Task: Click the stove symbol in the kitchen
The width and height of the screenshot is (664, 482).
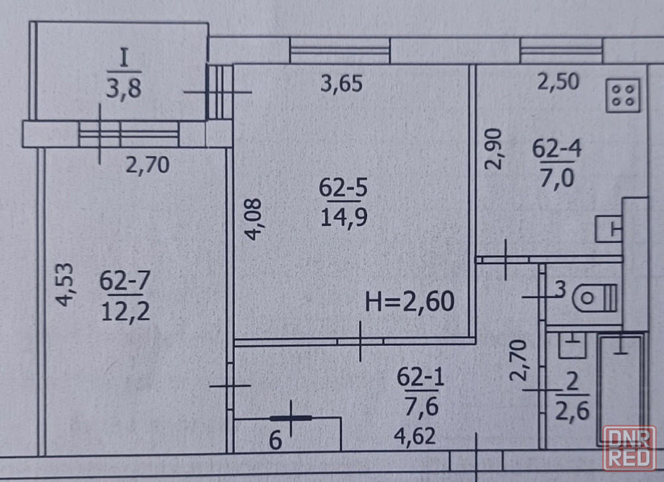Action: tap(623, 96)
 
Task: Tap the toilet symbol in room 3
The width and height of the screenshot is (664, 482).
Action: tap(594, 297)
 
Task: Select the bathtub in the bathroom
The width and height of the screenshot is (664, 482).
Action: tap(620, 390)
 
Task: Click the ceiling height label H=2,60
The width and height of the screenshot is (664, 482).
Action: tap(410, 301)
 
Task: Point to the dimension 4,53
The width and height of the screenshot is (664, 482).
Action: tap(65, 284)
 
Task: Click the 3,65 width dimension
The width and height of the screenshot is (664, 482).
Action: tap(341, 84)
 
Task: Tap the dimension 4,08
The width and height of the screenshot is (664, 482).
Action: tap(254, 219)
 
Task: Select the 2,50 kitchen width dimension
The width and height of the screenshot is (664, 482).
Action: tap(558, 81)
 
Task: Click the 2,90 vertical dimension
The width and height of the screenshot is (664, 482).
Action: tap(493, 149)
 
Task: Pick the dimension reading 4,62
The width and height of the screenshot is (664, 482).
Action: tap(414, 436)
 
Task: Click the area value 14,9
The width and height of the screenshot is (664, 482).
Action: tap(344, 218)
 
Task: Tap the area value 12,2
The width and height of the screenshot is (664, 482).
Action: tap(125, 311)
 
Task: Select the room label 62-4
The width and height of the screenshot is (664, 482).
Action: tap(556, 149)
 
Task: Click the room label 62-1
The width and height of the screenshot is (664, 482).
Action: tap(420, 376)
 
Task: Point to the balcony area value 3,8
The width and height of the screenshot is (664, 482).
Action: tap(124, 88)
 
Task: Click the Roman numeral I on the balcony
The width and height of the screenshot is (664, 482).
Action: tap(124, 58)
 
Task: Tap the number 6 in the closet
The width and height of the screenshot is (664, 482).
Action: tap(276, 440)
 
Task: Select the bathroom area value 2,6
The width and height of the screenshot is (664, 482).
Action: tap(572, 410)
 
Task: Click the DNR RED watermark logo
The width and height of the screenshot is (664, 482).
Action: tap(629, 447)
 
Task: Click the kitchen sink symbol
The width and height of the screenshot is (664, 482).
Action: tap(608, 229)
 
